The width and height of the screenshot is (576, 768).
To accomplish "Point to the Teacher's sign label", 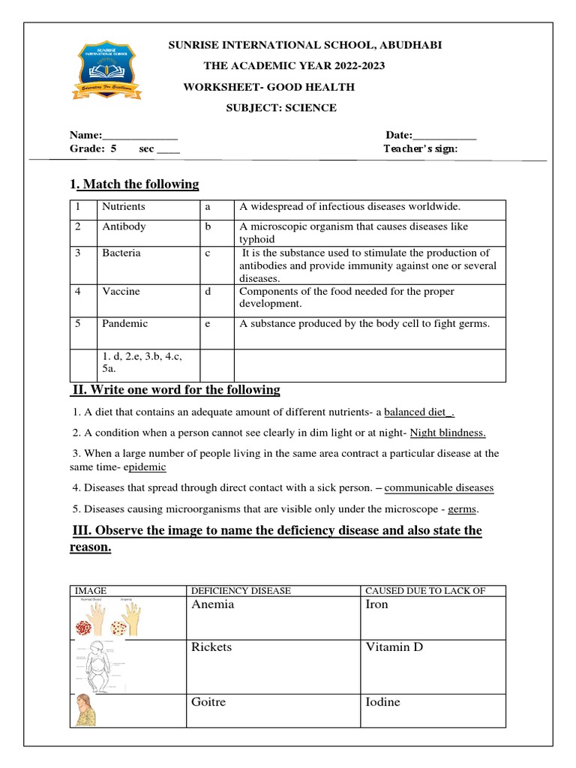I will point(420,148).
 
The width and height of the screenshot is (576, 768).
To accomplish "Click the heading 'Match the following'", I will point(140,184).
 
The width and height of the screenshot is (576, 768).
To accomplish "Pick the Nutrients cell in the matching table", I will point(124,206).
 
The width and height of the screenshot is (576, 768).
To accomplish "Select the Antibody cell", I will point(124,226).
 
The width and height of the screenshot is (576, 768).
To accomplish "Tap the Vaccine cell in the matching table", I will point(121,292).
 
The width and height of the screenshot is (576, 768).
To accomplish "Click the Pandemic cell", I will point(125,324).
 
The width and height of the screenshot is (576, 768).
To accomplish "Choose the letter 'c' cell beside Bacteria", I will point(207,253).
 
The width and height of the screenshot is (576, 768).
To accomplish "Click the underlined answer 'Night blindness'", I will point(448,433).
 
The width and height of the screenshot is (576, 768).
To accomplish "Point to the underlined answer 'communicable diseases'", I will point(439,488).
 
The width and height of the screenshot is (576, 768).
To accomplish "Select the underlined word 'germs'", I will point(462,510).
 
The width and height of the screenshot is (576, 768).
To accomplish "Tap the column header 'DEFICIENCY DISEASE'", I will point(241,591).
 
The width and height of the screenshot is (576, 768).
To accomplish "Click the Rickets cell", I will point(211,647).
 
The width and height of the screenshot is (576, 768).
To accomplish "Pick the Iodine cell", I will point(382,703).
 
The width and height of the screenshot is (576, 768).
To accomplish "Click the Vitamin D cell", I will point(394,647).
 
